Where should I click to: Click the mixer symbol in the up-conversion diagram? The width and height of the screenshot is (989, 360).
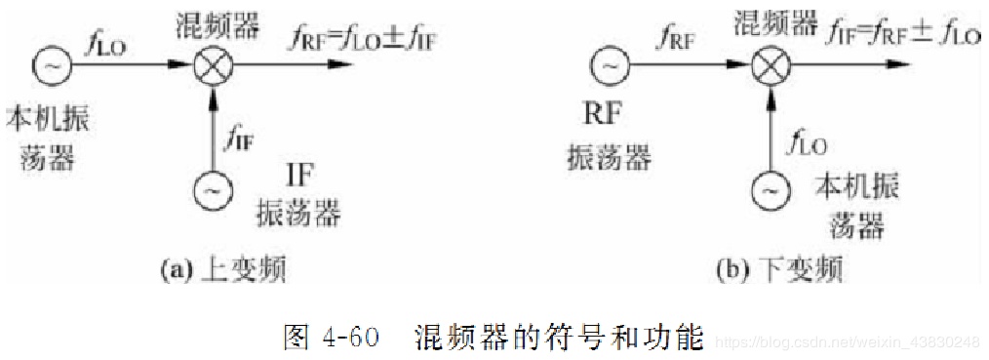pos(211,67)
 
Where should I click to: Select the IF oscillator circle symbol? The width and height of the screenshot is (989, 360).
pos(211,191)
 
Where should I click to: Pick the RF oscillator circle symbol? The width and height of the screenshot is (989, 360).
pos(609,67)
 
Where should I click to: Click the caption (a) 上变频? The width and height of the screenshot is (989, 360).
pos(223,269)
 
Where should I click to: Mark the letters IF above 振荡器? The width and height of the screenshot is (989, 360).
pos(301,176)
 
